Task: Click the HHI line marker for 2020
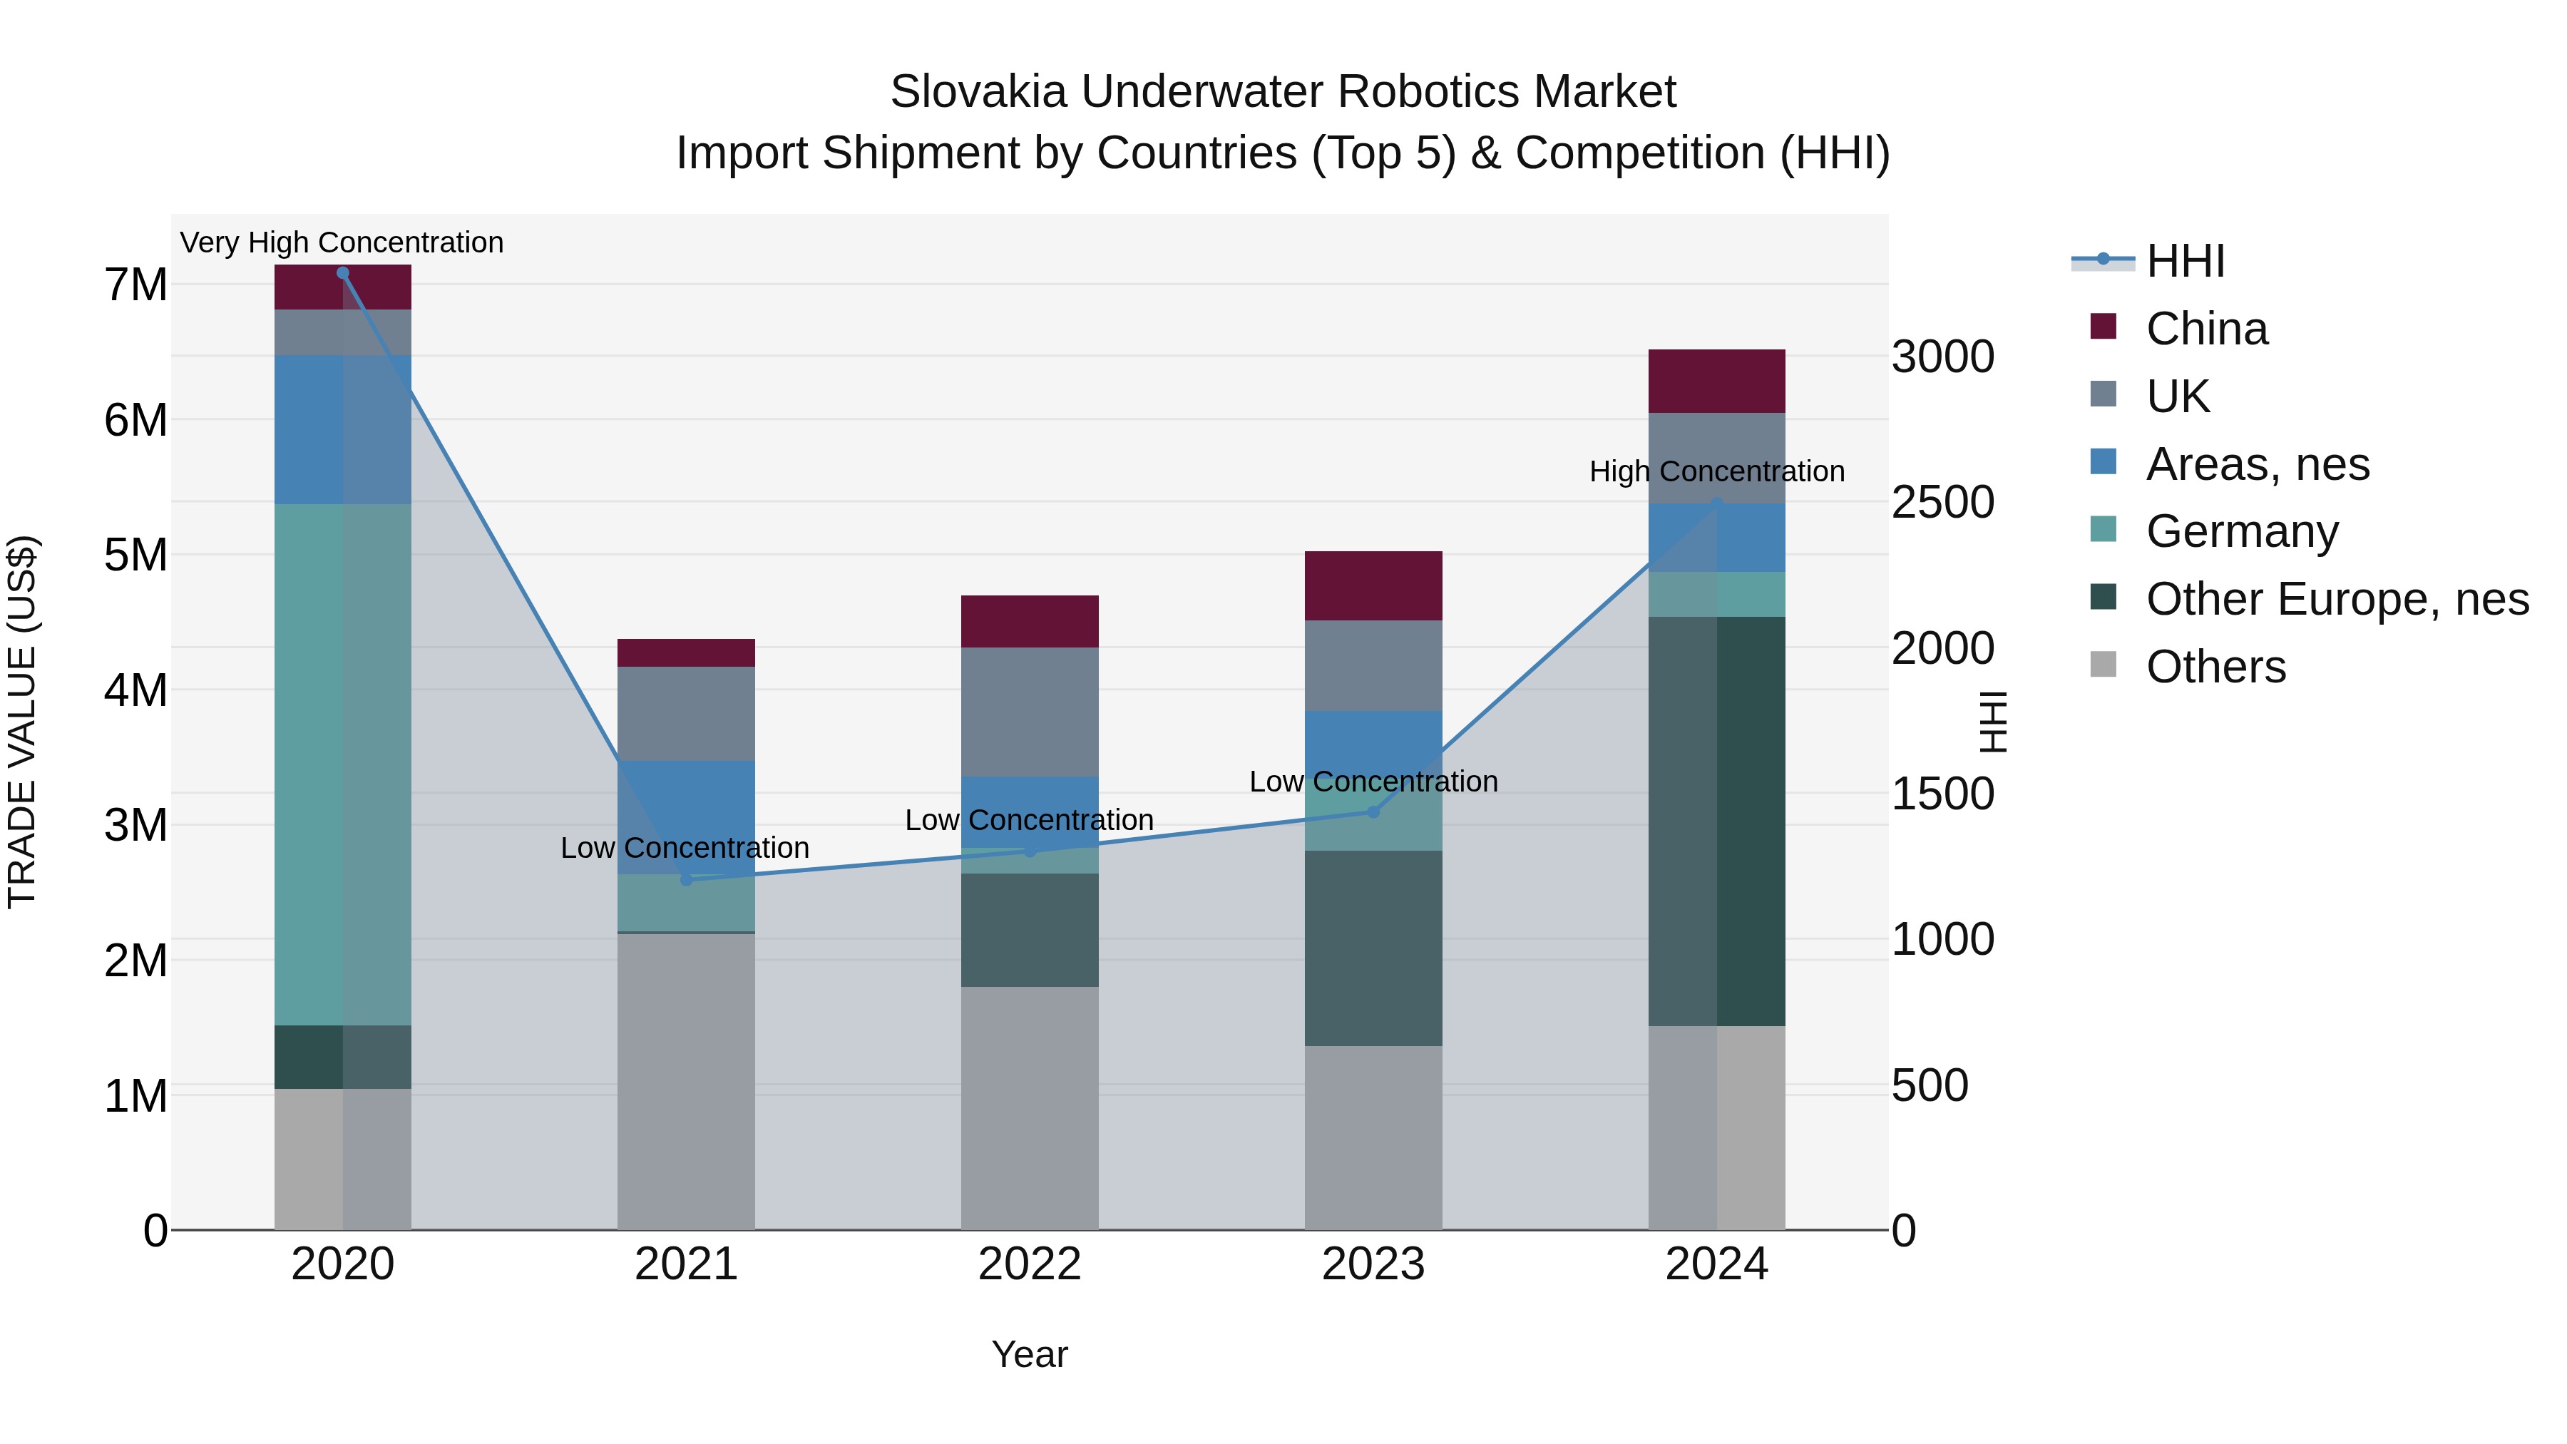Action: click(343, 273)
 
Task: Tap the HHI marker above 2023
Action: click(1373, 812)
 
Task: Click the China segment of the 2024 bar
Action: click(1716, 382)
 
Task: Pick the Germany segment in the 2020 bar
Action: click(343, 764)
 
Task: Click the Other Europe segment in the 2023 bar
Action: click(1373, 948)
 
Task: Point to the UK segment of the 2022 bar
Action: click(1030, 712)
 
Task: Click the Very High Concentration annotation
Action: click(342, 243)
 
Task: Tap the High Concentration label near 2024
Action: click(1716, 471)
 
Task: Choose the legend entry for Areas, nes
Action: click(2257, 464)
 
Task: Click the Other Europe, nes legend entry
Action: click(2337, 599)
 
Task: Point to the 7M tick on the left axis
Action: click(135, 285)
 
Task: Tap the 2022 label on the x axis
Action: click(1030, 1264)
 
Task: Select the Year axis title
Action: click(1030, 1354)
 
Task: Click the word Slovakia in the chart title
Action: click(978, 92)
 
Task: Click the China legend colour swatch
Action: click(2103, 327)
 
